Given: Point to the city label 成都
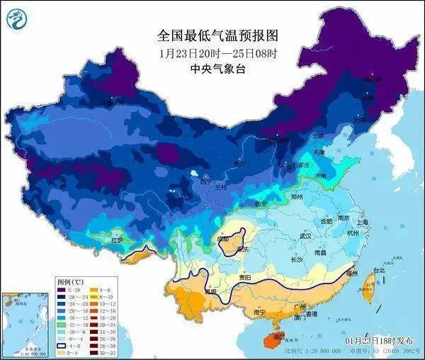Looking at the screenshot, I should pos(224,240).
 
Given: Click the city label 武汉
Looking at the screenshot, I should pos(306,236).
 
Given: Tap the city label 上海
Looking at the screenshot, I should pos(363,222).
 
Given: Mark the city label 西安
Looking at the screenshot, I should pos(260,205).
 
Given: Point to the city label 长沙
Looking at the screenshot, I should pos(297,260).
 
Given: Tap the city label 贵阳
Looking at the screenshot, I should pos(245,277).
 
